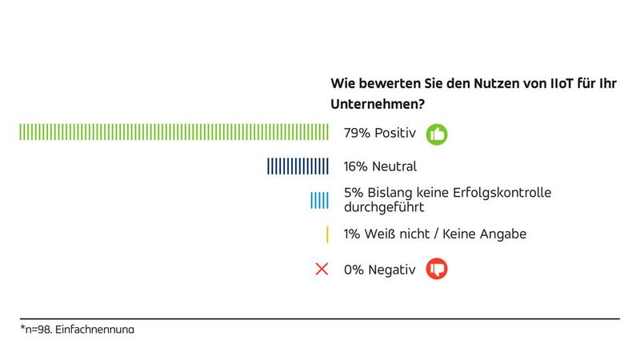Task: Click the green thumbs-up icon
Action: pyautogui.click(x=437, y=134)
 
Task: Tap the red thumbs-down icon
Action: pyautogui.click(x=437, y=270)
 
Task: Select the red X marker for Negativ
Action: pyautogui.click(x=322, y=270)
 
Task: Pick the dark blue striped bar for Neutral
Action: pyautogui.click(x=298, y=166)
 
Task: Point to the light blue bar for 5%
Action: pyautogui.click(x=319, y=200)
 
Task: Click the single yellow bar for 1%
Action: pyautogui.click(x=327, y=234)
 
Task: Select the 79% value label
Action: pyautogui.click(x=357, y=134)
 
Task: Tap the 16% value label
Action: pyautogui.click(x=357, y=166)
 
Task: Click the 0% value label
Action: pyautogui.click(x=354, y=270)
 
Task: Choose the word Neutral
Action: pyautogui.click(x=394, y=166)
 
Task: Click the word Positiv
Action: pyautogui.click(x=395, y=134)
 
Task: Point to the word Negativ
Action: pyautogui.click(x=392, y=270)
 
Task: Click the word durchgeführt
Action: pyautogui.click(x=383, y=207)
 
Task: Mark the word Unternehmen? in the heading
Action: pyautogui.click(x=378, y=104)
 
